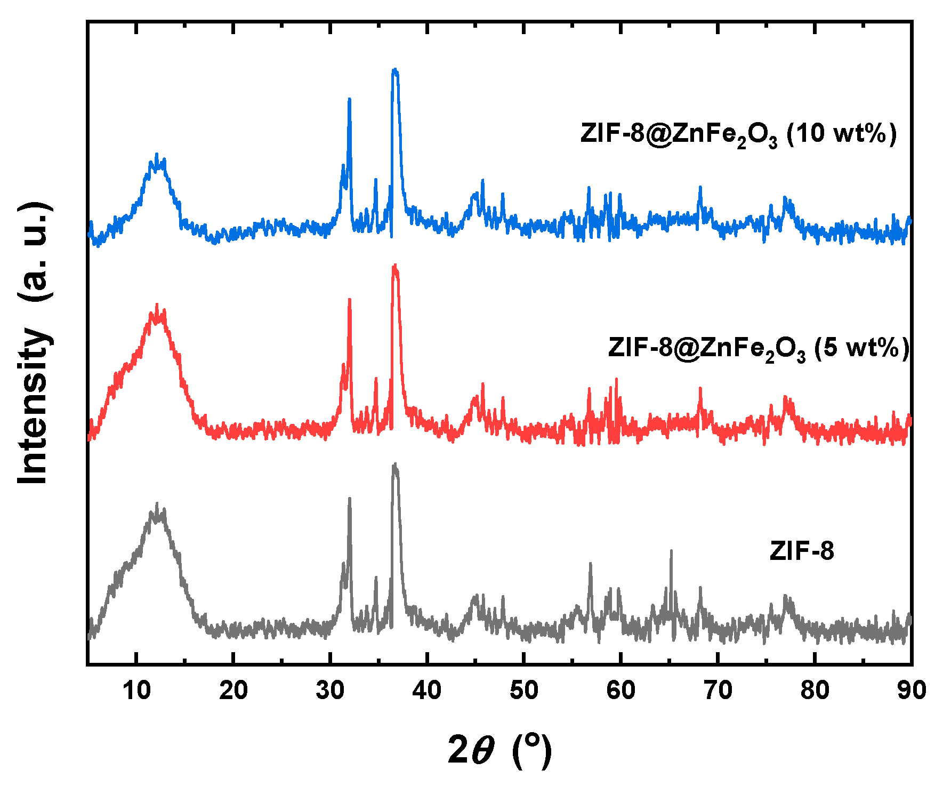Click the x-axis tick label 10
(136, 691)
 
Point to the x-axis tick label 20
(233, 691)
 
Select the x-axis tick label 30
(330, 691)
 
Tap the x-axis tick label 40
(427, 691)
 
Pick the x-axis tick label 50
(524, 691)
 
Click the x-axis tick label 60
(621, 691)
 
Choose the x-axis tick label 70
(718, 691)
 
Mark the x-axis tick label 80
(815, 691)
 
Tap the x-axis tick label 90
(911, 691)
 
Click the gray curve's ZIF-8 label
(801, 551)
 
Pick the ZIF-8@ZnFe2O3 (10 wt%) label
(739, 133)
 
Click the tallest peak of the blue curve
(395, 70)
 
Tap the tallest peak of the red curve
(395, 266)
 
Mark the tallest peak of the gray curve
(395, 465)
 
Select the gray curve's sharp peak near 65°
(671, 551)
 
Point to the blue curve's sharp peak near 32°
(349, 100)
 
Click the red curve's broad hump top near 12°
(157, 306)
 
